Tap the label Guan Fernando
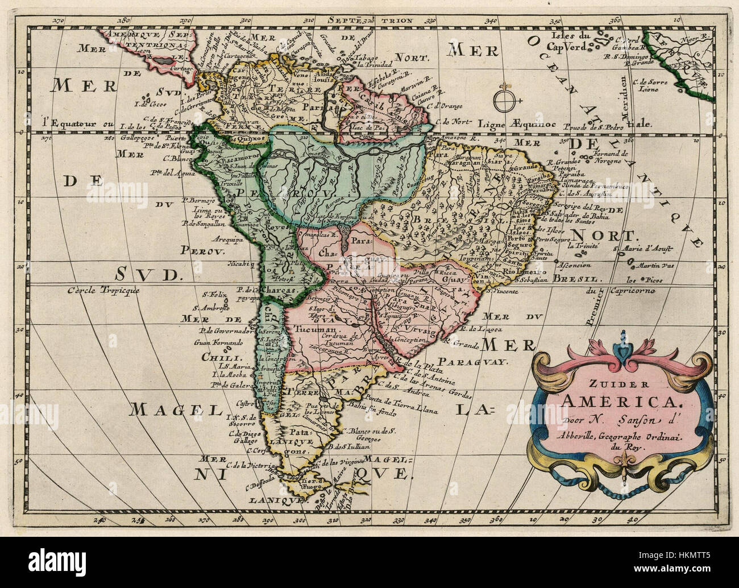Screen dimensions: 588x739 [218, 342]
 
